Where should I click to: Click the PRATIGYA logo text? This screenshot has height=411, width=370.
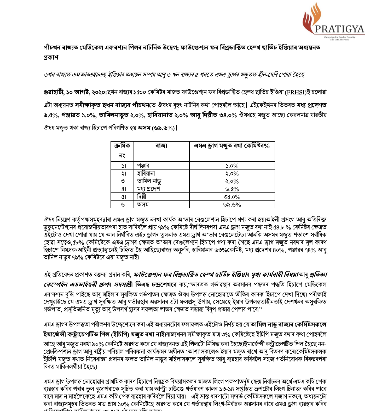(x=339, y=29)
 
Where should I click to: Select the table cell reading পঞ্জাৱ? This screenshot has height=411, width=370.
(x=143, y=166)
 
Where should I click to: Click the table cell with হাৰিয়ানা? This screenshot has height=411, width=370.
(x=146, y=173)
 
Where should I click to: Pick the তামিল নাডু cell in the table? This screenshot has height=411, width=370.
(x=149, y=181)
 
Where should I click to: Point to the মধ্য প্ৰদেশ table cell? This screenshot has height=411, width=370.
(x=148, y=189)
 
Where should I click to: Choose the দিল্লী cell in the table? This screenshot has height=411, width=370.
(x=142, y=197)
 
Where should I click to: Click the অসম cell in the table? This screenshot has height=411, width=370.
(x=143, y=204)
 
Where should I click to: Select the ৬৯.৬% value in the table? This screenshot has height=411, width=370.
(x=232, y=205)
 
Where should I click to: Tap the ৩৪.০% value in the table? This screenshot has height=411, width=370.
(x=232, y=197)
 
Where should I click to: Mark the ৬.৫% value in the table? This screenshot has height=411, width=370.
(x=232, y=189)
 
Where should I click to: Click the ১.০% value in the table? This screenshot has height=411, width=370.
(x=232, y=166)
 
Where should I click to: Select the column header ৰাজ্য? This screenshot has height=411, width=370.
(x=161, y=146)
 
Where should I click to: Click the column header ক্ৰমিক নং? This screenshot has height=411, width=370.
(x=122, y=150)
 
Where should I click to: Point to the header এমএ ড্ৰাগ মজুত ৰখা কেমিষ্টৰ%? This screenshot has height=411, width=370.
(x=232, y=146)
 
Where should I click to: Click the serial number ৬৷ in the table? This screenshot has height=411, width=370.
(x=124, y=205)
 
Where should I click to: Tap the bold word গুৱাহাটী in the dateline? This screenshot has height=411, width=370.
(x=54, y=92)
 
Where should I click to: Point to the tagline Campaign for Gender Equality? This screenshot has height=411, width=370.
(x=340, y=37)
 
